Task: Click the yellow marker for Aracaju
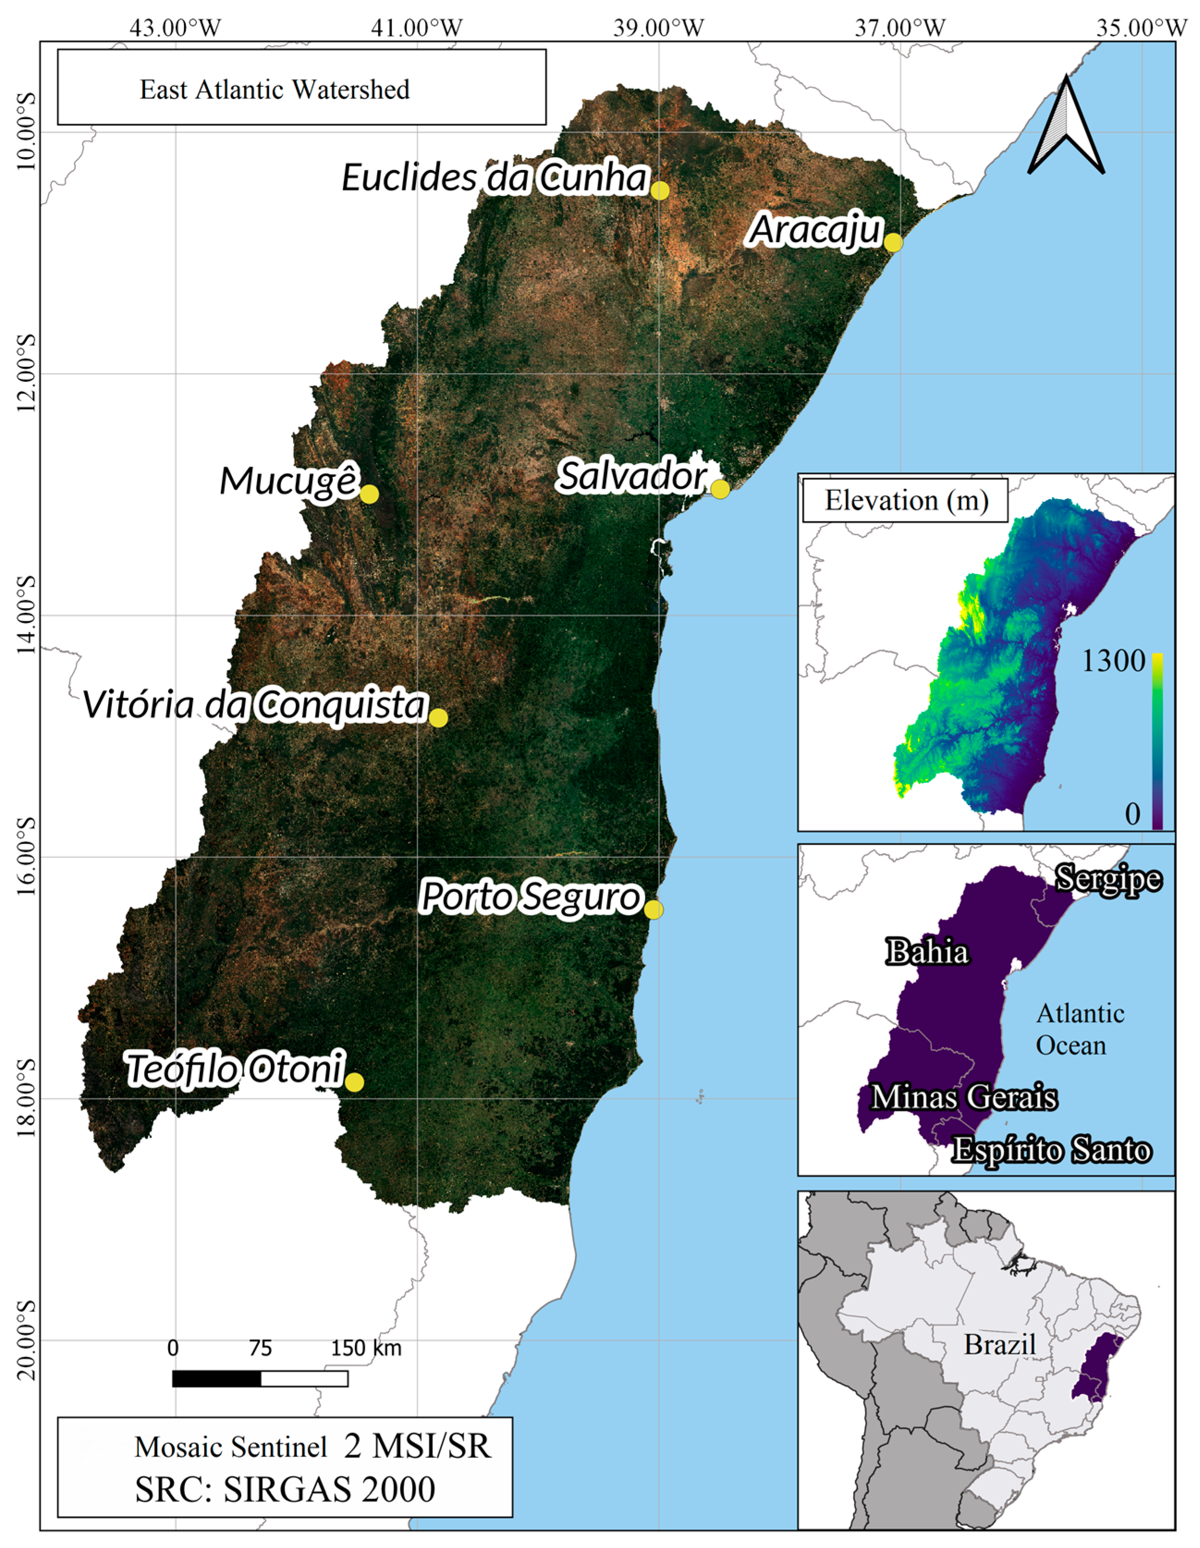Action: pos(893,243)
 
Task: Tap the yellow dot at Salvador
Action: pos(720,489)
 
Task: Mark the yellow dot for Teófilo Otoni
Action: pos(354,1082)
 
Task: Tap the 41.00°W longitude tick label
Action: pos(417,28)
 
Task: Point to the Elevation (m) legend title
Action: pos(906,501)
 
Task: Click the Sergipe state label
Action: pos(1108,879)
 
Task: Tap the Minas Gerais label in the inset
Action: pos(963,1097)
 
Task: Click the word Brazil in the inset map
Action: pos(999,1345)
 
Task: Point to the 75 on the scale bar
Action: pos(260,1348)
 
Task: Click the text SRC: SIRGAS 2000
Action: pos(285,1489)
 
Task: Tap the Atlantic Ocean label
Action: pos(1079,1029)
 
